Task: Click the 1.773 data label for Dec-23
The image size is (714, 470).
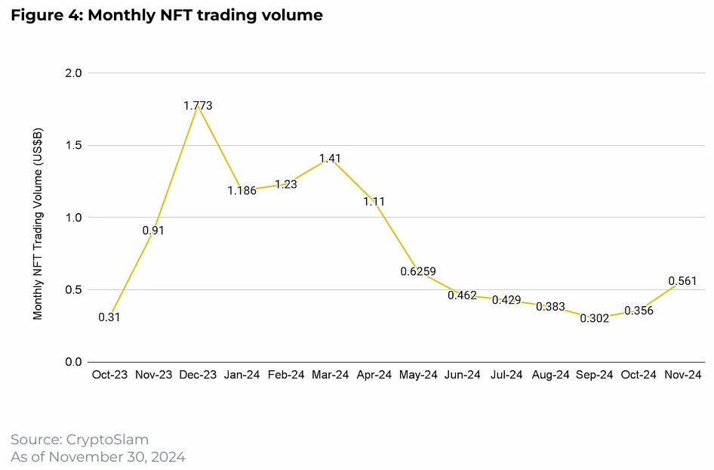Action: tap(198, 106)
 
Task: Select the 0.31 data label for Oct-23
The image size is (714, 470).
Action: tap(109, 317)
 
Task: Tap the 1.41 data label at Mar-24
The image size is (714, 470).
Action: tap(331, 159)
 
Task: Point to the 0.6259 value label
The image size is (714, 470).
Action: tap(418, 272)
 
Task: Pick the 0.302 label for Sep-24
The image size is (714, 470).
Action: tap(595, 319)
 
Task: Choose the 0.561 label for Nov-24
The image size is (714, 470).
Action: tap(682, 281)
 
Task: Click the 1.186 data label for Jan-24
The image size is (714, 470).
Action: tap(242, 190)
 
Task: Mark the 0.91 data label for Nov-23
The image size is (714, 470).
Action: tap(152, 230)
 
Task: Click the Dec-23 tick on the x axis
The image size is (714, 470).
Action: tap(198, 375)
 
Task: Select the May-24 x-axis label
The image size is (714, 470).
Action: tap(418, 375)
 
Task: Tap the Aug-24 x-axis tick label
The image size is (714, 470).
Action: tap(550, 375)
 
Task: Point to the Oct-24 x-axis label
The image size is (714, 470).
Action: tap(639, 375)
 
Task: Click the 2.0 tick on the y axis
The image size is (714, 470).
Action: tap(75, 73)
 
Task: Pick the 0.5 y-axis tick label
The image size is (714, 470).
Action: tap(75, 290)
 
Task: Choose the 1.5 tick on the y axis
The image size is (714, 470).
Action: tap(75, 145)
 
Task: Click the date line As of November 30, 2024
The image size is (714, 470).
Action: tap(97, 457)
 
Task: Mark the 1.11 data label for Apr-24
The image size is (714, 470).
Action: tap(374, 202)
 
